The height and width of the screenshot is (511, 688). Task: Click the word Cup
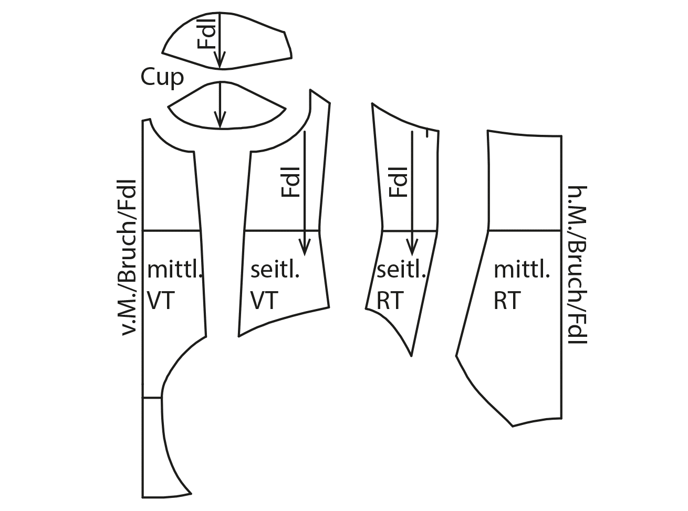pos(162,77)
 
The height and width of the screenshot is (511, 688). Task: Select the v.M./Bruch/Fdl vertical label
pos(128,257)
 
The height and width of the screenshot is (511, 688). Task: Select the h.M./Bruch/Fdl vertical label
pos(578,265)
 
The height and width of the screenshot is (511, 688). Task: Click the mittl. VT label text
pos(173,285)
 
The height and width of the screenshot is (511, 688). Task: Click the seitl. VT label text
pos(275,285)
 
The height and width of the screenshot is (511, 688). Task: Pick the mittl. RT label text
pos(522,285)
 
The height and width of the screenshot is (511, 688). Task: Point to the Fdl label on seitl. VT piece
pos(291,182)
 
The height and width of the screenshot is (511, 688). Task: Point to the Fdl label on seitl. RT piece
pos(399,182)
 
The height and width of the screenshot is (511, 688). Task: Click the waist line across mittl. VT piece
pos(172,230)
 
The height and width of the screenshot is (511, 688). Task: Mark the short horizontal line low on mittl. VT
pos(152,398)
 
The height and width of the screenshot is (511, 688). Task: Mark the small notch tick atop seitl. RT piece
pos(429,134)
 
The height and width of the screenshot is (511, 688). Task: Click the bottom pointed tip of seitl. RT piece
pos(411,356)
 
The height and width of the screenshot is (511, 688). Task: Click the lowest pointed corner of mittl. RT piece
pos(512,425)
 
